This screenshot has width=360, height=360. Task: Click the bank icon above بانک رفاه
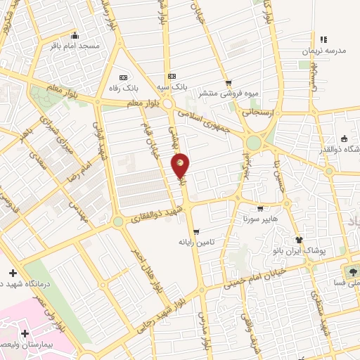(x=124, y=77)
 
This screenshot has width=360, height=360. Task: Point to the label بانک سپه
(x=172, y=86)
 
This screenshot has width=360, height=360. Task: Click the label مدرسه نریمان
(x=322, y=52)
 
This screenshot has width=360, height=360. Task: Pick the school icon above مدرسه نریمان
(x=322, y=40)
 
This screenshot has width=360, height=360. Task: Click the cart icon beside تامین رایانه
(x=196, y=231)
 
